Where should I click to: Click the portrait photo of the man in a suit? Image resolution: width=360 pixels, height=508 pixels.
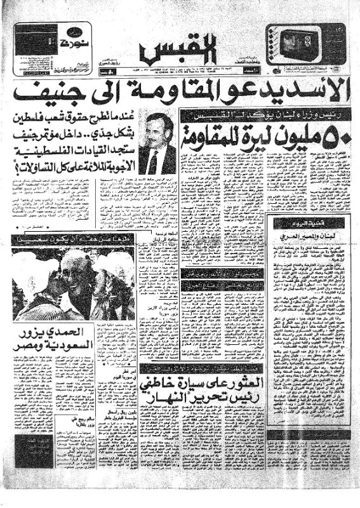point(156,144)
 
